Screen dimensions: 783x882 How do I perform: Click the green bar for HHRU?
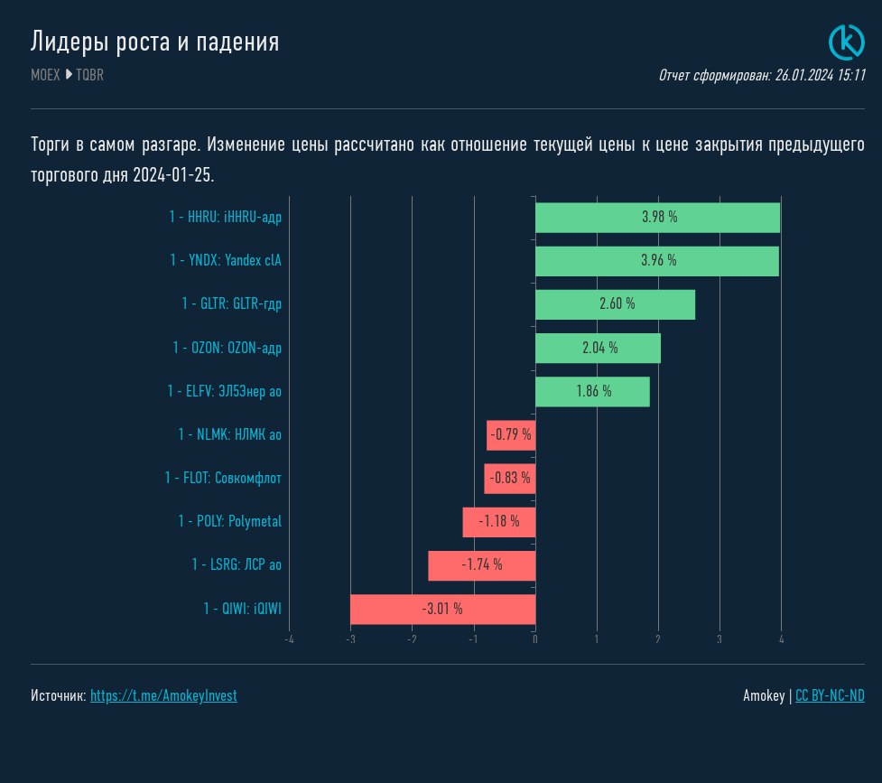(657, 218)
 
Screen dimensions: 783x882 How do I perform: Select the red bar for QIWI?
(442, 610)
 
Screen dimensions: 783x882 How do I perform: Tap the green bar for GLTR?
(615, 304)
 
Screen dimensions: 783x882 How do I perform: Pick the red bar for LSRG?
(481, 565)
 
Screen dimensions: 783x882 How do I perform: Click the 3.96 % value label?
(658, 261)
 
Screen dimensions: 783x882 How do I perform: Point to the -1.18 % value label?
(499, 522)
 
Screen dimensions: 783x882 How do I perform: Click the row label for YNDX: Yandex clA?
(226, 261)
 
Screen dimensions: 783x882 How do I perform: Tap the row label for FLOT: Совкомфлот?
(223, 479)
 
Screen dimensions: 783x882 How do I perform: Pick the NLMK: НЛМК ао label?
(229, 435)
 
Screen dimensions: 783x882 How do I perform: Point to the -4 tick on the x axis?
(289, 640)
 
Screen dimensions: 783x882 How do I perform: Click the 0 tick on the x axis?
(535, 640)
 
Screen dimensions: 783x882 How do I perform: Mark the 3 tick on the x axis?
(720, 640)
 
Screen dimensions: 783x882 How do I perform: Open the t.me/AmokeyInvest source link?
(163, 696)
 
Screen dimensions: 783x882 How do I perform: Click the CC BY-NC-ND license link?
(830, 696)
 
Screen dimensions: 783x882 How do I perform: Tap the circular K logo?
(847, 42)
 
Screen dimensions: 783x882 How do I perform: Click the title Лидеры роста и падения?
(154, 42)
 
